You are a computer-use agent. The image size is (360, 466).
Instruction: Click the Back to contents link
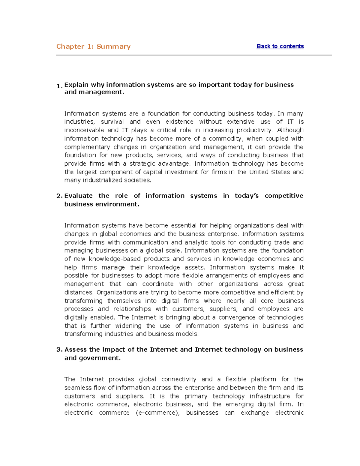[x=280, y=46]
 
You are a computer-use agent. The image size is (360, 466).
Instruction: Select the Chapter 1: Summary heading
[x=93, y=47]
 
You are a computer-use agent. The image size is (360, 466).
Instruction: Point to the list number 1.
[x=59, y=86]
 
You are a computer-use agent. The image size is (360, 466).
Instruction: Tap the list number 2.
[x=59, y=196]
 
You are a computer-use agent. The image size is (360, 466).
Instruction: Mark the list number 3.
[x=59, y=350]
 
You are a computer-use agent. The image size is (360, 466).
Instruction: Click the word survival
[x=112, y=122]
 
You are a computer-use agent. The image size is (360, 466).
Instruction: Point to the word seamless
[x=78, y=388]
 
